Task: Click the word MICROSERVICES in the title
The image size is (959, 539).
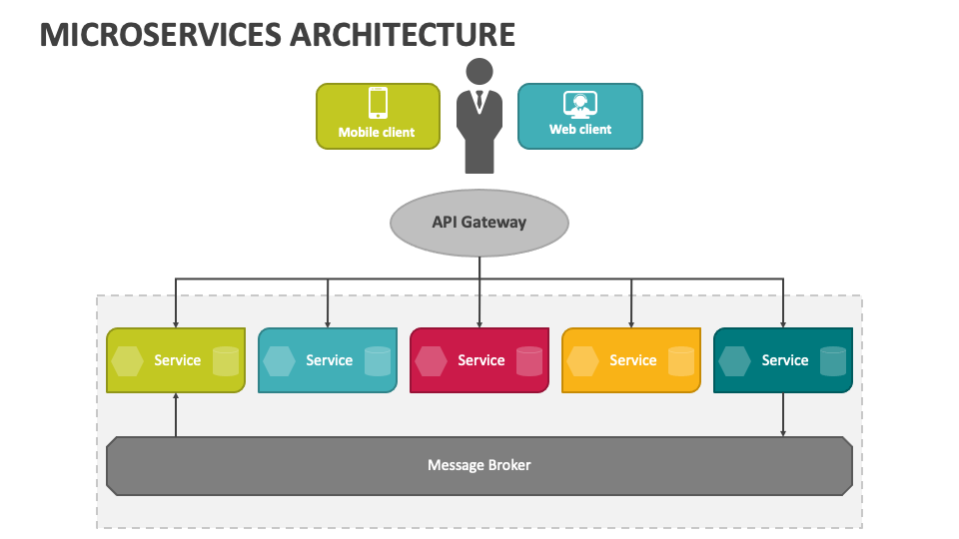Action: pyautogui.click(x=161, y=34)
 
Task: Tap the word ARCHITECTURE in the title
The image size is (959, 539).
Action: pyautogui.click(x=402, y=34)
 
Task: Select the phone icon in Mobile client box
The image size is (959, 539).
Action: pyautogui.click(x=378, y=103)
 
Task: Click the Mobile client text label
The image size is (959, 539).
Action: pyautogui.click(x=377, y=132)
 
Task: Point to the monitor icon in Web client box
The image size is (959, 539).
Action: pyautogui.click(x=580, y=104)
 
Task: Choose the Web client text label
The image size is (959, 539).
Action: pyautogui.click(x=580, y=130)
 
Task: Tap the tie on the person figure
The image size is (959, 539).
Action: pyautogui.click(x=479, y=101)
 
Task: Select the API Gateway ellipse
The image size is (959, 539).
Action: pyautogui.click(x=479, y=223)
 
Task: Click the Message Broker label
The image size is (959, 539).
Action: pyautogui.click(x=479, y=465)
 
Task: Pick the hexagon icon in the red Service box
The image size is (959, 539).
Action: pyautogui.click(x=431, y=360)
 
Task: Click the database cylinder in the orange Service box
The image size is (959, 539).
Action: pyautogui.click(x=680, y=360)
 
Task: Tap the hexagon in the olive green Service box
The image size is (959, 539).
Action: pyautogui.click(x=127, y=360)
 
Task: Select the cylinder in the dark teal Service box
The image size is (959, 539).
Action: pyautogui.click(x=832, y=360)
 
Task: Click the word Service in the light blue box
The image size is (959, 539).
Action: pyautogui.click(x=329, y=360)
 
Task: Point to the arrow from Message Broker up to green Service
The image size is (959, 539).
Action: pyautogui.click(x=176, y=414)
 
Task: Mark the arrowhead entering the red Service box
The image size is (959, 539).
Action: pyautogui.click(x=479, y=323)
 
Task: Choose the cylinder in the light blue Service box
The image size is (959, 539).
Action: pyautogui.click(x=377, y=360)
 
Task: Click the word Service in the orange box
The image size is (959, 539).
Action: pyautogui.click(x=632, y=360)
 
